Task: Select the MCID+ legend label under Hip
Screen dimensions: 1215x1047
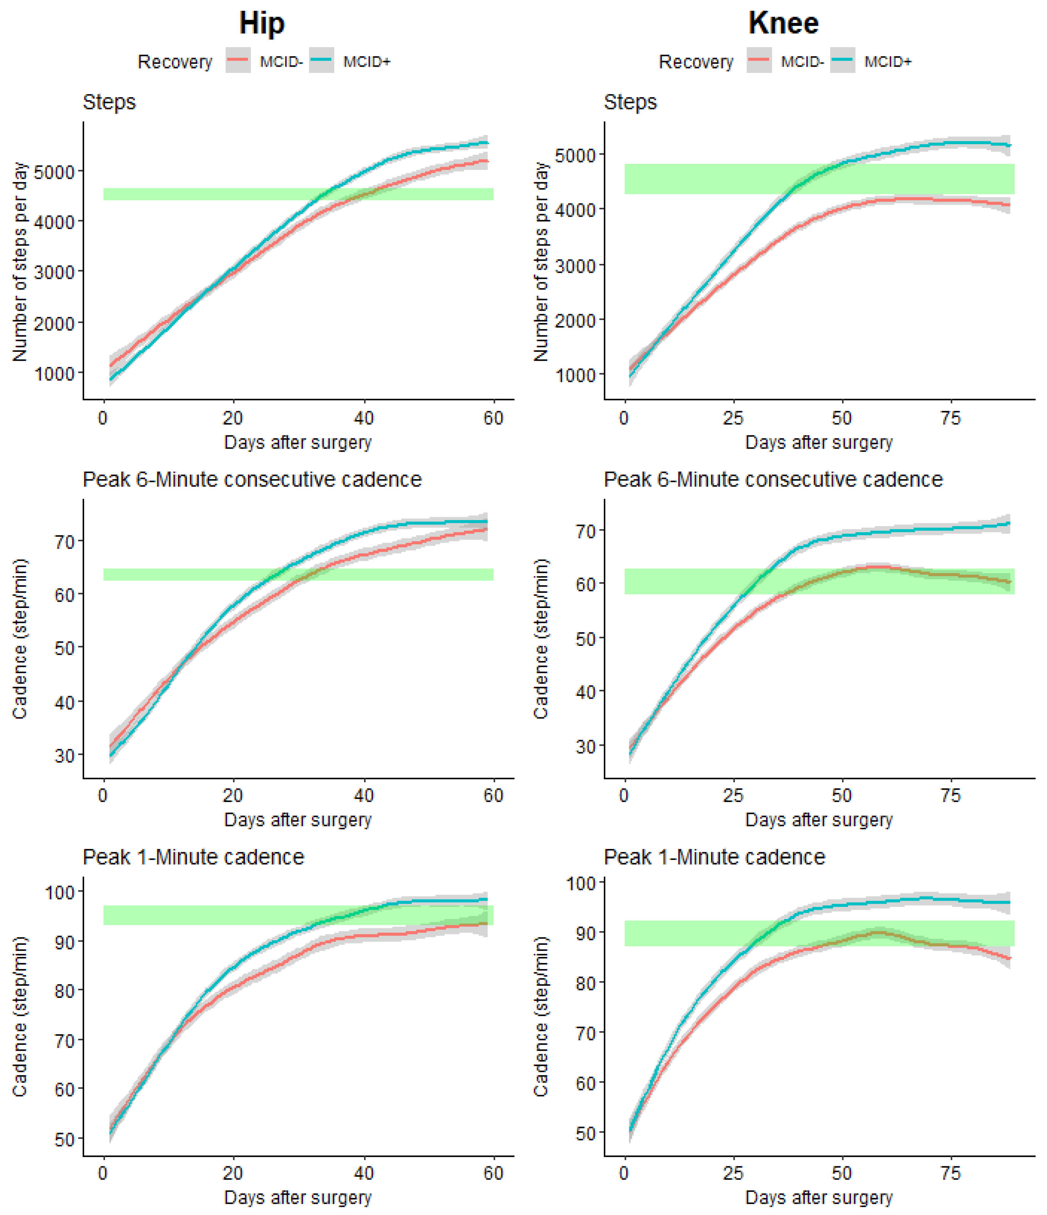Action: tap(367, 61)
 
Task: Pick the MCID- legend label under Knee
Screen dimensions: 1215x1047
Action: tap(802, 61)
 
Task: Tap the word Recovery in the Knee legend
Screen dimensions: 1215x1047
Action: tap(696, 61)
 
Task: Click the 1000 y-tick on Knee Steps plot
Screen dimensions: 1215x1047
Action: tap(575, 375)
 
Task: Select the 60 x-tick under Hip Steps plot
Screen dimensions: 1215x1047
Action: tap(493, 418)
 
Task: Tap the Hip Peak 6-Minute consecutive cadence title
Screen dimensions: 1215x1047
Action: tap(252, 480)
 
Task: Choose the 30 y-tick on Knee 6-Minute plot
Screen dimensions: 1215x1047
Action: tap(585, 746)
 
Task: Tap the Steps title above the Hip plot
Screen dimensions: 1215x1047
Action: tap(109, 102)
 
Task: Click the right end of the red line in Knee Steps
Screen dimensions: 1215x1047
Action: tap(1009, 205)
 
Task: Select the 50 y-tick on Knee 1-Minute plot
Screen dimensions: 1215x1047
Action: tap(585, 1134)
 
